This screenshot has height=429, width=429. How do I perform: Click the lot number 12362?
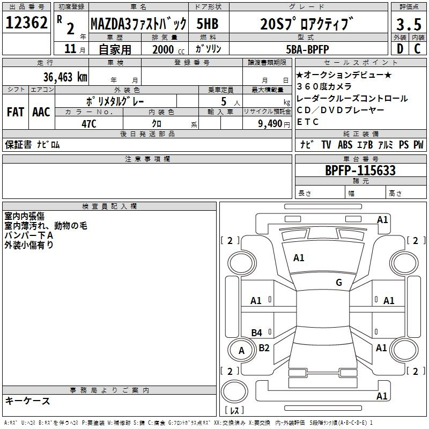(x=26, y=23)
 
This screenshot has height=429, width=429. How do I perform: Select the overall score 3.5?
(x=409, y=24)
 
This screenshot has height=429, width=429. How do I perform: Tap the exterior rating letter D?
(x=400, y=49)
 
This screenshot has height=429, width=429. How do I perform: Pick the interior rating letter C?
(x=417, y=49)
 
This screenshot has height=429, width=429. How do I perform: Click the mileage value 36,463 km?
(x=65, y=77)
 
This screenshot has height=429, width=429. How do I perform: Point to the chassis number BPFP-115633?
(x=360, y=171)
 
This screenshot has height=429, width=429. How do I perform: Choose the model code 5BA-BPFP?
(x=307, y=49)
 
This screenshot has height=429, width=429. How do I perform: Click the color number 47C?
(x=89, y=124)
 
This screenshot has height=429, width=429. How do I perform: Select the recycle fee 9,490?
(x=270, y=124)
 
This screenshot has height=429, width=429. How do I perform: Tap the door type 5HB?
(x=208, y=24)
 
